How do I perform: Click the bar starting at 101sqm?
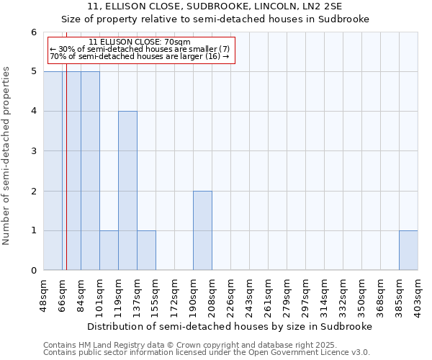109,251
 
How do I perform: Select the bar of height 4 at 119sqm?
127,191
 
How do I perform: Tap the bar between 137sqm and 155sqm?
146,251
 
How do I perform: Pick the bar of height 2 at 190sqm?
202,230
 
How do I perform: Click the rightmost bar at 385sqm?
408,251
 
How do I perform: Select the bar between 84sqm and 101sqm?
90,171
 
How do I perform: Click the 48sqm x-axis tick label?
44,294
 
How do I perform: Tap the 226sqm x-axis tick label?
231,294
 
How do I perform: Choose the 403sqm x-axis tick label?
418,294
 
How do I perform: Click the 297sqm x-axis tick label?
306,294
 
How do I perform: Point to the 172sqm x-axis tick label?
175,294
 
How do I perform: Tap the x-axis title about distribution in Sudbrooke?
230,326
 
